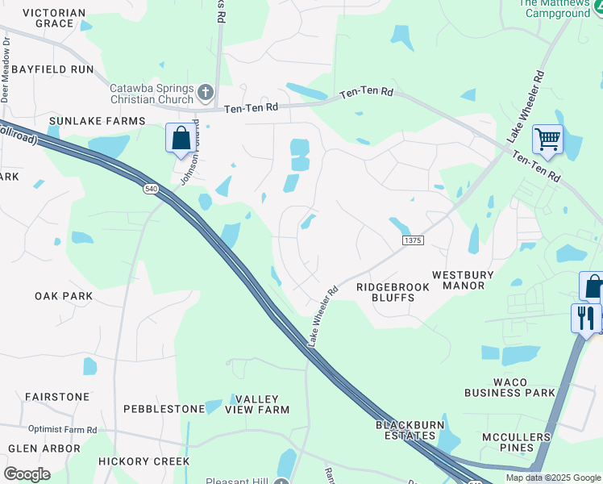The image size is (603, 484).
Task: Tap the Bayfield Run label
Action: point(52,70)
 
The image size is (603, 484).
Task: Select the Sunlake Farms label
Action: point(97,121)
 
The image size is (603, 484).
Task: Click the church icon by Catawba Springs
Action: point(206,92)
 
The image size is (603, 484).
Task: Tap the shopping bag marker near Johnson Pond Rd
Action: point(181,137)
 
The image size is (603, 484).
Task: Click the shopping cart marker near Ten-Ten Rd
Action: point(547,140)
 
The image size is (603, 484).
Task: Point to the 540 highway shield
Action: point(150,188)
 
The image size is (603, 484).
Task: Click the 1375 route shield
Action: point(412,240)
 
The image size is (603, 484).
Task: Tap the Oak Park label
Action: point(64,296)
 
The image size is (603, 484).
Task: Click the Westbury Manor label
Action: point(469,280)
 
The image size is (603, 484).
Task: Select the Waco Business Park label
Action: point(509,386)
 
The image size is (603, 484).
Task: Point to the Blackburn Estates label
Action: point(410,430)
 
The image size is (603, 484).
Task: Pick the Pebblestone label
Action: point(164,409)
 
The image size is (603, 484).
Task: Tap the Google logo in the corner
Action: point(27,474)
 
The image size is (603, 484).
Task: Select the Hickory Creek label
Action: point(143,461)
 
